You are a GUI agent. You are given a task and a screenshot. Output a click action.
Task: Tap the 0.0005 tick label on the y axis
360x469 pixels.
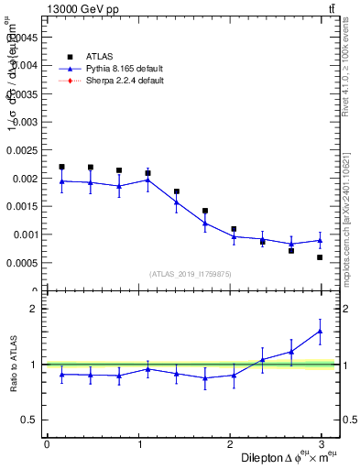click(22, 263)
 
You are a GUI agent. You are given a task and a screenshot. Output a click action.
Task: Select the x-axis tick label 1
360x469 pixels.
click(139, 444)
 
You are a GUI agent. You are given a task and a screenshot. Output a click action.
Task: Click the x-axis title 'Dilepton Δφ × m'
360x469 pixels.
click(275, 457)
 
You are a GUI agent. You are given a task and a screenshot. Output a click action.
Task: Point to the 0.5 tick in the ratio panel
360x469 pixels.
click(30, 420)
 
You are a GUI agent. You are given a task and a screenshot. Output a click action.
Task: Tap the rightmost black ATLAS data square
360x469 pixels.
click(320, 257)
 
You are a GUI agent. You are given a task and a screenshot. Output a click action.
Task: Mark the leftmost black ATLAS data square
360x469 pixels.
click(61, 167)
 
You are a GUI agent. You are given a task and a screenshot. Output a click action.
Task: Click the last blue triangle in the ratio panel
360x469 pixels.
click(320, 332)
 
